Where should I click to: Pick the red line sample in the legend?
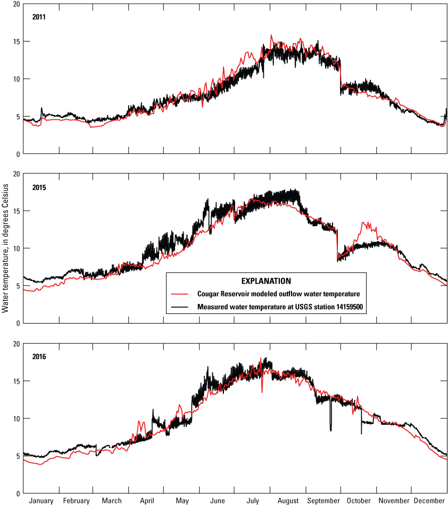(x=181, y=293)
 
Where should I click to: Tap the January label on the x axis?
(x=42, y=501)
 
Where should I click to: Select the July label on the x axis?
(x=253, y=501)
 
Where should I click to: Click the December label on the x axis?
(x=429, y=501)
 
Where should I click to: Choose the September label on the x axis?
(x=323, y=501)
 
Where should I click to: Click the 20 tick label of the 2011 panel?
(x=16, y=4)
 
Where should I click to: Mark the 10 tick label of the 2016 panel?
(x=16, y=418)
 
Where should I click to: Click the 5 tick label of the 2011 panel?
(x=18, y=117)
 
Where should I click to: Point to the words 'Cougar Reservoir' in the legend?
(x=223, y=293)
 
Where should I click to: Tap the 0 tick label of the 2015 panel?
(x=18, y=324)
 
